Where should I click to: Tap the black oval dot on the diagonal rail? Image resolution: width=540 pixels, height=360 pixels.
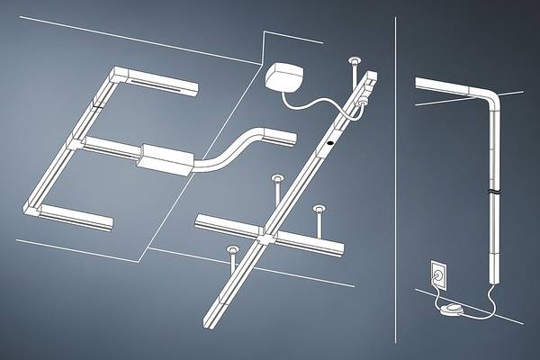pyautogui.click(x=331, y=142)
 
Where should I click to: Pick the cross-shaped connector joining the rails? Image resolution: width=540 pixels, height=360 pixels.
pyautogui.click(x=266, y=236)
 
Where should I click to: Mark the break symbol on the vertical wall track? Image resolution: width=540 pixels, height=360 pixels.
pyautogui.click(x=492, y=193)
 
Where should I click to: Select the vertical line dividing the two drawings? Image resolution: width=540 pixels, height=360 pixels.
pyautogui.click(x=397, y=180)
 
